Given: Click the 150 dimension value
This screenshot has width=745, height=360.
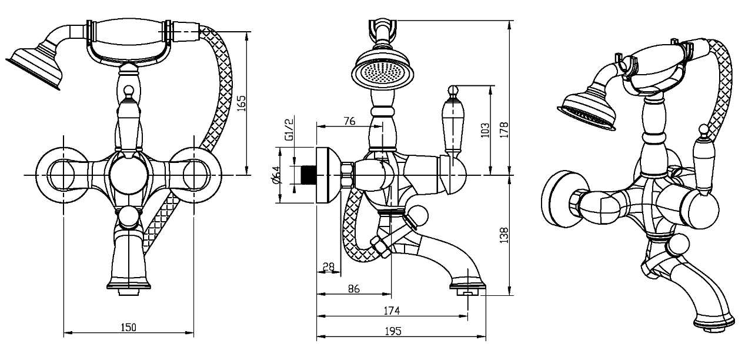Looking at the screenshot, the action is [128, 328].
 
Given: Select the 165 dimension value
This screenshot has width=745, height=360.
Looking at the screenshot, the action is [242, 103].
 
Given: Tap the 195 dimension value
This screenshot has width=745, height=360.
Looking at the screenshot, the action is [393, 331].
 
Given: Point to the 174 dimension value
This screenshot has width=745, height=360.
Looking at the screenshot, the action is [392, 311].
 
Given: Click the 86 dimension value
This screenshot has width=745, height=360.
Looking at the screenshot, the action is [354, 288].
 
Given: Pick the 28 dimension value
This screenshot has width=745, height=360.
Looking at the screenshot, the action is [329, 266].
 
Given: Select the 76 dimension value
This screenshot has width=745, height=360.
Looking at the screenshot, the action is [349, 121].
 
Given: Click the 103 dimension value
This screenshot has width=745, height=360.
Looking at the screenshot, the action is [485, 130].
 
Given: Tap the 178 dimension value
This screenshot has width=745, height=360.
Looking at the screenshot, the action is [504, 130].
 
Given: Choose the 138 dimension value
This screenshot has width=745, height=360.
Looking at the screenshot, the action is [504, 235].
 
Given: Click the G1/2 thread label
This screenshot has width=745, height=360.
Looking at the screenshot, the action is [289, 129].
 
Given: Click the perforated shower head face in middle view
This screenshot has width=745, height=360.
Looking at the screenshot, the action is [382, 73].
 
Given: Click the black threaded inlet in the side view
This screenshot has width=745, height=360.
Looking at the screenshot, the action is [308, 175].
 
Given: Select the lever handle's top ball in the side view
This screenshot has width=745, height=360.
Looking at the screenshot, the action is [453, 90].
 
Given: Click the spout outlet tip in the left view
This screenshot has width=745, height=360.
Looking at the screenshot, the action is [129, 292].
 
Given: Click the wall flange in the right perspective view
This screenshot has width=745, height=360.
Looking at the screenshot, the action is [556, 199].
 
